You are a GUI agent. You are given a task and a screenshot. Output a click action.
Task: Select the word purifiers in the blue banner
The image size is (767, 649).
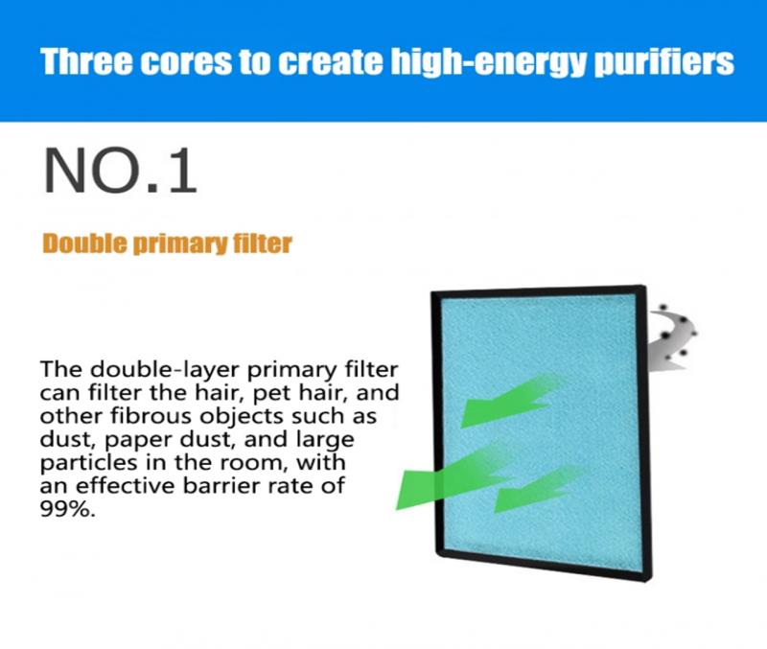coord(664,63)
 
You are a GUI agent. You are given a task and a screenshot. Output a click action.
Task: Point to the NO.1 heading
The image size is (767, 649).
coord(121,172)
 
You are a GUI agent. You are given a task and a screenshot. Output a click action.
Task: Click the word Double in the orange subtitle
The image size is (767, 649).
coord(85,243)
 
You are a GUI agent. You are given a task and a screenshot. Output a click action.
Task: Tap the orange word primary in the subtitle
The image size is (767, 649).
coord(180,244)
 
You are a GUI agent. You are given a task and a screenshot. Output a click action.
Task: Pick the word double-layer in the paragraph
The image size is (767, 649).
coord(165,370)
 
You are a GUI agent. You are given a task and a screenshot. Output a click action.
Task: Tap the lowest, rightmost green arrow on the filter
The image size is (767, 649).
coord(536,489)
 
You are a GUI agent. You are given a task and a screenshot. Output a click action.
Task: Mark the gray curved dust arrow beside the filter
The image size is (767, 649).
coord(673,337)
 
